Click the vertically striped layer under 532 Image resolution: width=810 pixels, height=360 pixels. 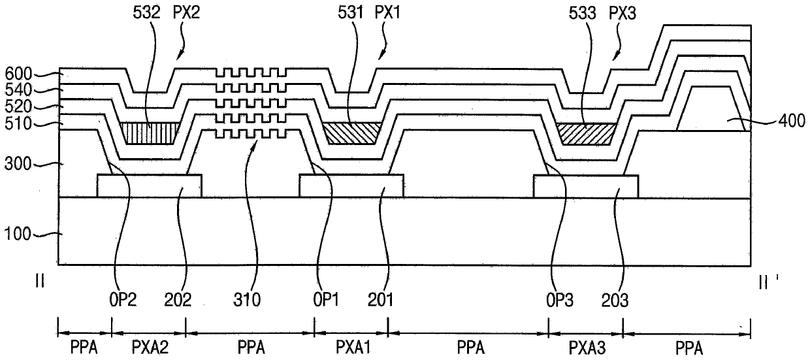150,133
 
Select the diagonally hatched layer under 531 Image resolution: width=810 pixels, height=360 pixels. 351,133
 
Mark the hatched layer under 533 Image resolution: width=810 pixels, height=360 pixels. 587,133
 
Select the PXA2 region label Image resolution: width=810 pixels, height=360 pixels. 149,347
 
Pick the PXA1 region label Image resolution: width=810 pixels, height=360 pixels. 351,347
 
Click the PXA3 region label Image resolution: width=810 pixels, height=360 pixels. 585,347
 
